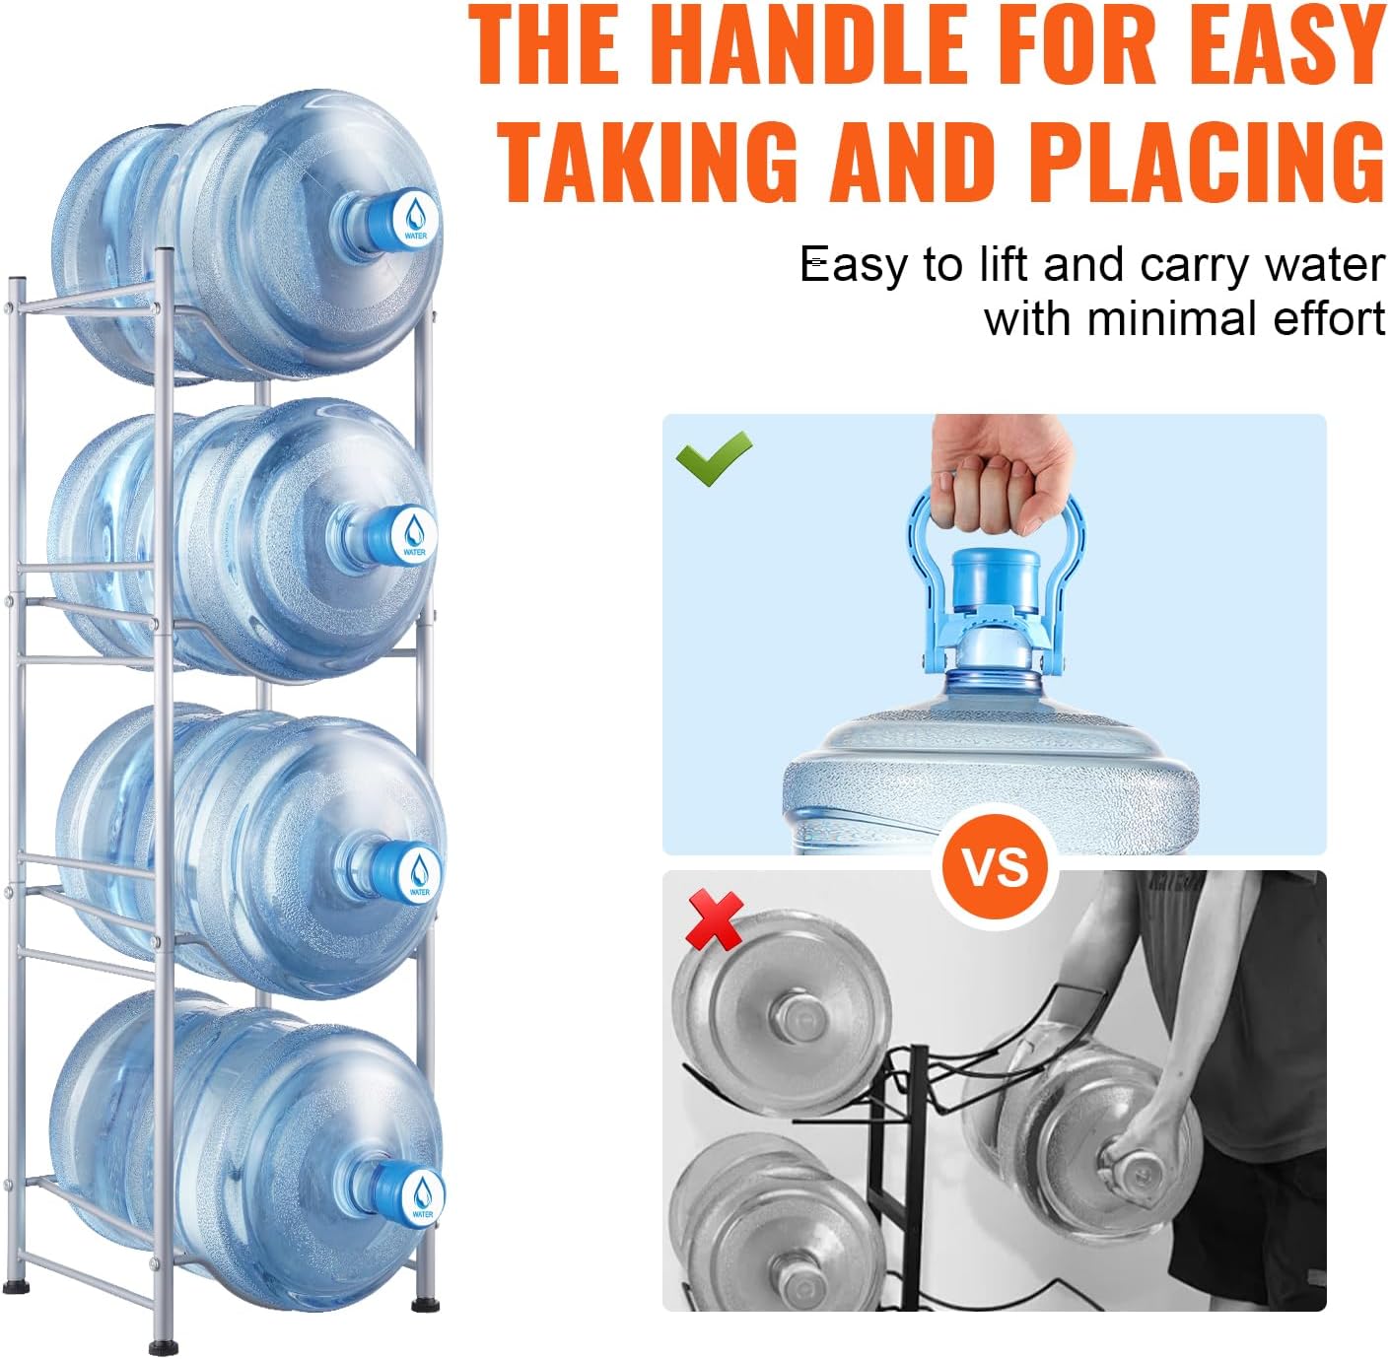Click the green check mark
714,458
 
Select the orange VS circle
995,868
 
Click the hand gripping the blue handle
996,473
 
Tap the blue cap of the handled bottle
996,591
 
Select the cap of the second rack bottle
411,534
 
